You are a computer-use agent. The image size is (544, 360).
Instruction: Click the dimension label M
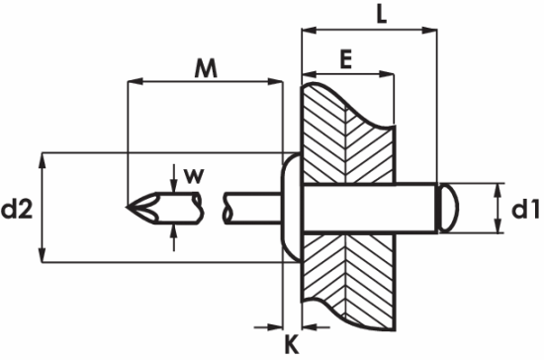pos(205,69)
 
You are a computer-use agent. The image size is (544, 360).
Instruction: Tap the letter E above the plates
pos(346,60)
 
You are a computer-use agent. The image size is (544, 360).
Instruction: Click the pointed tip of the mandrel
pos(133,208)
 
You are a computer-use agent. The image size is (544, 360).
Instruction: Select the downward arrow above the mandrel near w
pos(174,184)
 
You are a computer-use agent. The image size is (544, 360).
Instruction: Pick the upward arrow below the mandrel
pos(174,230)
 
